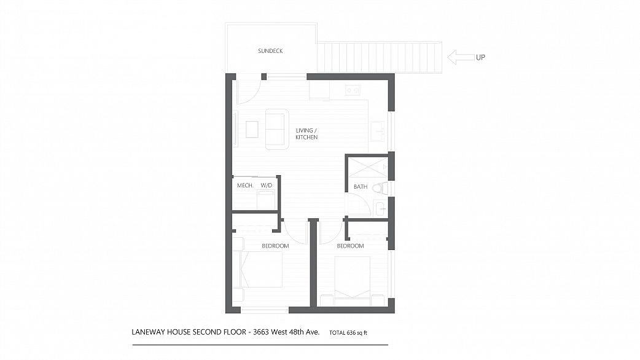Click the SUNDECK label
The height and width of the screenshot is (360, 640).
270,51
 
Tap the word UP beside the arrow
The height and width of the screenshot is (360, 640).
480,58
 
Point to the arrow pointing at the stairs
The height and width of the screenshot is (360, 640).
461,57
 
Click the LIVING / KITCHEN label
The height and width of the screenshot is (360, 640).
306,134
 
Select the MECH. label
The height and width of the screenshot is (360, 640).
245,186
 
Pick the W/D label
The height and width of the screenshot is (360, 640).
266,186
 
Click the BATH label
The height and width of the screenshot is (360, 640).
361,187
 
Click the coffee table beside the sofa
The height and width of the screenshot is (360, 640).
252,130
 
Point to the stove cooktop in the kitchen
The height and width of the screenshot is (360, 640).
353,90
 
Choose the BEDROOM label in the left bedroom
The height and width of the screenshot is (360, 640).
275,246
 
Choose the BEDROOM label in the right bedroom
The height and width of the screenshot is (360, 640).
350,246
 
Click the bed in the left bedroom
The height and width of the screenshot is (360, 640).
261,270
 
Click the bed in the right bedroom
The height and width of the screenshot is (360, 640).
352,276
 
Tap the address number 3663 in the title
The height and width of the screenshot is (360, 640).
261,332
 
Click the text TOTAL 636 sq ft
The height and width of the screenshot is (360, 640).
348,332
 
